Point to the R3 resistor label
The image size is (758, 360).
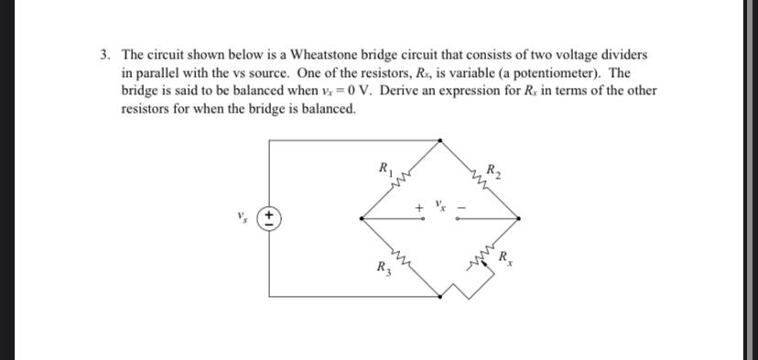[x=382, y=269]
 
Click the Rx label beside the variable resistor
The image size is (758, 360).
[x=505, y=258]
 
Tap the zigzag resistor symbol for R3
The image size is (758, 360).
[x=401, y=261]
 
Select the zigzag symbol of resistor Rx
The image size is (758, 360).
[x=482, y=262]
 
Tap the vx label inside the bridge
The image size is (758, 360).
[x=441, y=204]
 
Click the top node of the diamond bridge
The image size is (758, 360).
[x=442, y=140]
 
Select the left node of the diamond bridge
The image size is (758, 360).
[x=361, y=219]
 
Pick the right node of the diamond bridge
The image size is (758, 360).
[x=521, y=219]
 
